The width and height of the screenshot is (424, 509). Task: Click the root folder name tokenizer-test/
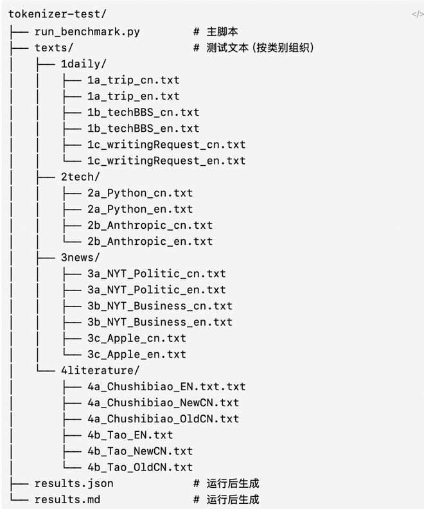coord(57,14)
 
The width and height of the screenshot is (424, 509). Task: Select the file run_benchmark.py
coord(87,31)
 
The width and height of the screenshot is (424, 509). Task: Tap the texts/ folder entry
coord(54,48)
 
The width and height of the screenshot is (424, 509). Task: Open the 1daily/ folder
coord(84,64)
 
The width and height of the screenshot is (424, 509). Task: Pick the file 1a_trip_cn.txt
coord(134,80)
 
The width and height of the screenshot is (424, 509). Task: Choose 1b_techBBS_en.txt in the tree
coord(143,129)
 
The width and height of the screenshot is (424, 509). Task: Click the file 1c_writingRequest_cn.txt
coord(166,145)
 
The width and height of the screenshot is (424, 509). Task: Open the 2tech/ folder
coord(80,177)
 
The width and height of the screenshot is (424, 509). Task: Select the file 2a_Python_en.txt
coord(140,210)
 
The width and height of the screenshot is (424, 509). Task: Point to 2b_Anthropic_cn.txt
coord(150,226)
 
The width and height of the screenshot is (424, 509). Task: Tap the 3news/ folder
coord(80,258)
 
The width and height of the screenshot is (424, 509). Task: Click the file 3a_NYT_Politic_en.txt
coord(156,290)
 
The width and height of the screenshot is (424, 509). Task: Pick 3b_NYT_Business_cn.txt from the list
coord(160,306)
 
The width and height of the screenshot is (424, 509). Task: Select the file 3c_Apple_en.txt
coord(137,355)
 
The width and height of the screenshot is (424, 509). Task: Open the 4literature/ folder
coord(100,370)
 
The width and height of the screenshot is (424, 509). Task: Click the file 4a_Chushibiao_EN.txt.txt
coord(166,387)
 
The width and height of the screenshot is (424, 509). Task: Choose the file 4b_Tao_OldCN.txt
coord(140,467)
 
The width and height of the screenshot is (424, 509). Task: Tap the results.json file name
coord(74,483)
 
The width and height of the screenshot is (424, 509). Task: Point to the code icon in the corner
coord(418,14)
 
